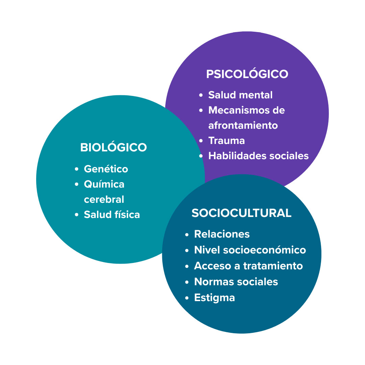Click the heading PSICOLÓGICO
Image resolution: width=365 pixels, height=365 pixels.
pos(247,74)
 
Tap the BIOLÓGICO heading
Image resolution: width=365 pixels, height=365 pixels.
pos(114,148)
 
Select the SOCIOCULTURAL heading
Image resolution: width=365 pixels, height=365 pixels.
pos(241,213)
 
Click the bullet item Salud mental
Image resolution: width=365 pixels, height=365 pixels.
pos(240,95)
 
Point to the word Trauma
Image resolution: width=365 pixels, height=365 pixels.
pos(226,141)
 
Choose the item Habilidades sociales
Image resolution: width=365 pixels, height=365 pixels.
pos(259,156)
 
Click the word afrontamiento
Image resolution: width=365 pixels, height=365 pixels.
pos(243,125)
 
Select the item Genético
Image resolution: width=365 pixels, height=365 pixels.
pos(106,169)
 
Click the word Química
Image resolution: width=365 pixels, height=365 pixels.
pos(104,184)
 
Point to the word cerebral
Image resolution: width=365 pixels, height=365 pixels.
pos(104,199)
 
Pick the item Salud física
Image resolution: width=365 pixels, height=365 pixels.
pos(112,215)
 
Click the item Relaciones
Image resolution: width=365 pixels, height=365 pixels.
pos(222,234)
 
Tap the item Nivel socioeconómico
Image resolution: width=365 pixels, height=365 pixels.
pos(250,250)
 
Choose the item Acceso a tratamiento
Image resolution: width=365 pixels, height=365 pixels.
pos(248,266)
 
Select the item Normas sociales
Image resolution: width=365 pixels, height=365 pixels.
pos(236,282)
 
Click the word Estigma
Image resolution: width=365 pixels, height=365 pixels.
pos(214,297)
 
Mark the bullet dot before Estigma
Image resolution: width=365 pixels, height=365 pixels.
pos(187,298)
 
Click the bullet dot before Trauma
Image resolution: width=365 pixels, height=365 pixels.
pos(201,141)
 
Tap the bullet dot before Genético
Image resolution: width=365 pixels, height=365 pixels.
pos(77,169)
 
